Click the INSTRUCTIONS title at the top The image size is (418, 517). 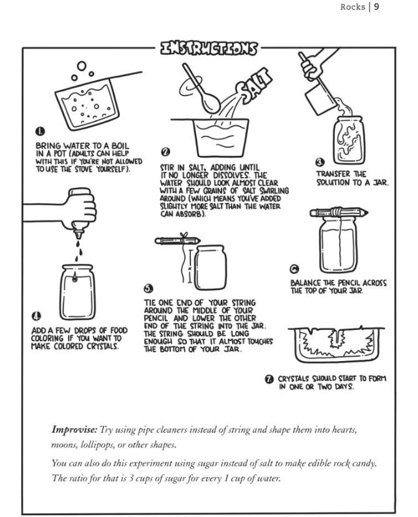click(208, 48)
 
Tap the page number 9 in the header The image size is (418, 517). click(376, 7)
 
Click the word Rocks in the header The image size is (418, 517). click(352, 7)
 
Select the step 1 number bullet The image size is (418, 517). click(39, 131)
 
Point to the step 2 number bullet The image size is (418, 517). click(165, 152)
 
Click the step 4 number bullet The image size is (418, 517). click(36, 316)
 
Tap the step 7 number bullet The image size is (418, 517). click(270, 379)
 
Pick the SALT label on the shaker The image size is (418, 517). click(256, 85)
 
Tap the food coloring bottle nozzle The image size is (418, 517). click(79, 234)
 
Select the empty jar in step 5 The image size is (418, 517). click(210, 267)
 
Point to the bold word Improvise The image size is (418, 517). click(75, 430)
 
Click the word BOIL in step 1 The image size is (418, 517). click(120, 145)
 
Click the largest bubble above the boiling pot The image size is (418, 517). click(82, 66)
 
